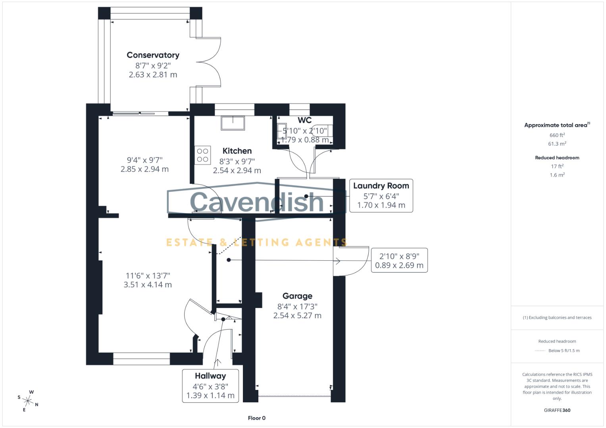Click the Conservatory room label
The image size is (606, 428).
[x=153, y=55]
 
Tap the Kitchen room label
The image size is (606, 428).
[x=237, y=151]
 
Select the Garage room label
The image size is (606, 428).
[x=297, y=296]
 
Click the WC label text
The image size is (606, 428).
[x=304, y=120]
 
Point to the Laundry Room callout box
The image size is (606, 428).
[x=381, y=195]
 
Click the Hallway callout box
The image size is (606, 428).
[x=210, y=386]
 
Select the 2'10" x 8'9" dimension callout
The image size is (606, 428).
[x=399, y=260]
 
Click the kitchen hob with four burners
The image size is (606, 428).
[x=202, y=155]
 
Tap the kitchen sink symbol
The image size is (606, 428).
[x=233, y=123]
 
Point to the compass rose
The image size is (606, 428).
[x=28, y=401]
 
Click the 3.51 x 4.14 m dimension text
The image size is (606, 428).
[x=148, y=285]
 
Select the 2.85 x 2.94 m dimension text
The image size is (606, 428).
[x=144, y=169]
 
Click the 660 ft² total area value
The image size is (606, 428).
[x=557, y=135]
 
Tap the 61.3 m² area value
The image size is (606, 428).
[x=557, y=144]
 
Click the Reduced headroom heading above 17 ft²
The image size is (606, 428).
[x=557, y=158]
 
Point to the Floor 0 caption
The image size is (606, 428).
[x=256, y=418]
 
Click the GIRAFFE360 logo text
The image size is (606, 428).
[x=557, y=410]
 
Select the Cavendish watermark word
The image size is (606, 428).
[x=257, y=202]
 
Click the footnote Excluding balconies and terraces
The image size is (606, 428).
[x=557, y=317]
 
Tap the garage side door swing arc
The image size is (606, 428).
[x=355, y=262]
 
